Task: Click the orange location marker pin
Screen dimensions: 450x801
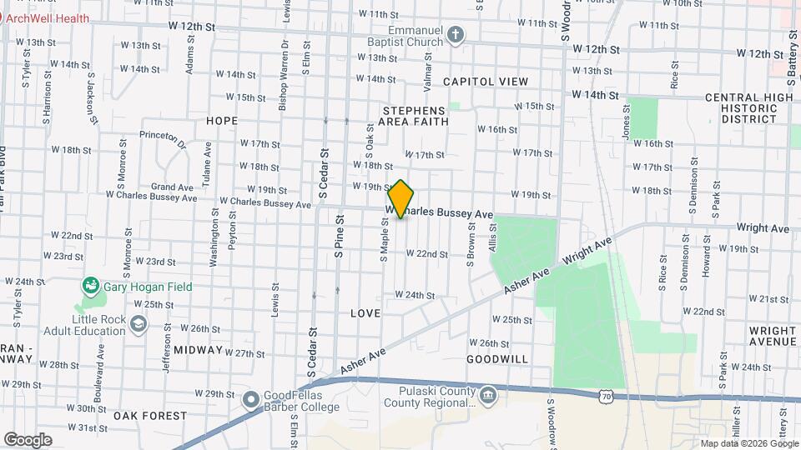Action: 401,199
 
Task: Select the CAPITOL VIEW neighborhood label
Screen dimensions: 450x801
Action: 486,82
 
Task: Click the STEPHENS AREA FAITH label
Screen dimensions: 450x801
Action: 415,116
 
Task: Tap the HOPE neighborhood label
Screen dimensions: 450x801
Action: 222,121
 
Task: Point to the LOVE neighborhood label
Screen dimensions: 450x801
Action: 365,313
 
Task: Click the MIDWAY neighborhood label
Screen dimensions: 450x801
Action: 198,350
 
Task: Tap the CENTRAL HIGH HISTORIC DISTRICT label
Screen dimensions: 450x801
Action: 748,108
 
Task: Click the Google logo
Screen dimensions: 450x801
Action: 28,439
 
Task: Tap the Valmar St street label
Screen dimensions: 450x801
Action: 427,68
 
